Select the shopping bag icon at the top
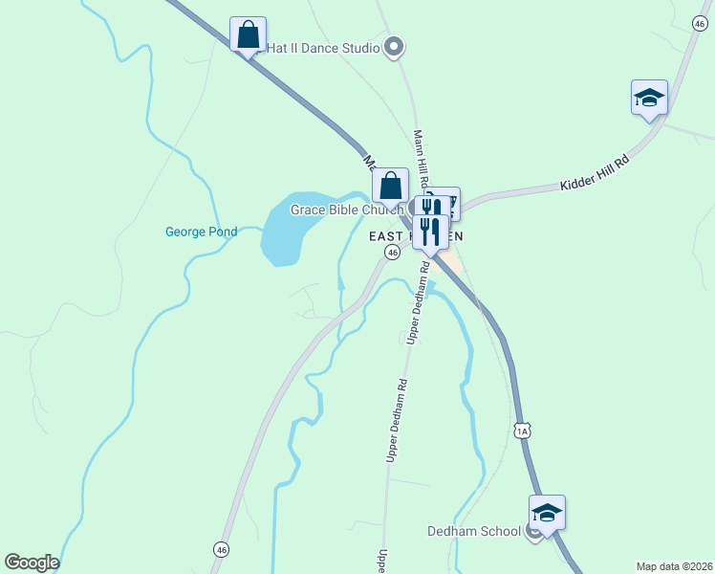(x=249, y=34)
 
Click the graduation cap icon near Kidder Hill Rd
(x=649, y=98)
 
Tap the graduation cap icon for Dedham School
(x=547, y=513)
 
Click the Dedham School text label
(x=474, y=532)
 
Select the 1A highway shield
(x=522, y=430)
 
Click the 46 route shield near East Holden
(x=392, y=252)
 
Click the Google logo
(x=32, y=563)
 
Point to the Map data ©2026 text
(x=674, y=565)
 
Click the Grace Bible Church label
(x=347, y=210)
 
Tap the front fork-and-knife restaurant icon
(x=430, y=232)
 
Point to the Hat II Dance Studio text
(x=322, y=45)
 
